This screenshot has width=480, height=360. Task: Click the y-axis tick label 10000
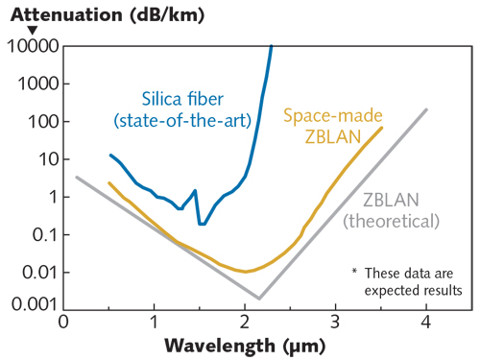tap(31, 46)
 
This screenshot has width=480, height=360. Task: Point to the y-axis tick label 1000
tap(36, 84)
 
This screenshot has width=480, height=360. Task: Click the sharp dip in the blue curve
tap(201, 223)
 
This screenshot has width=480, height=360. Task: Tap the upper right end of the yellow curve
tap(382, 128)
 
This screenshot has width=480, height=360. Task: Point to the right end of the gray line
tap(426, 109)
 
